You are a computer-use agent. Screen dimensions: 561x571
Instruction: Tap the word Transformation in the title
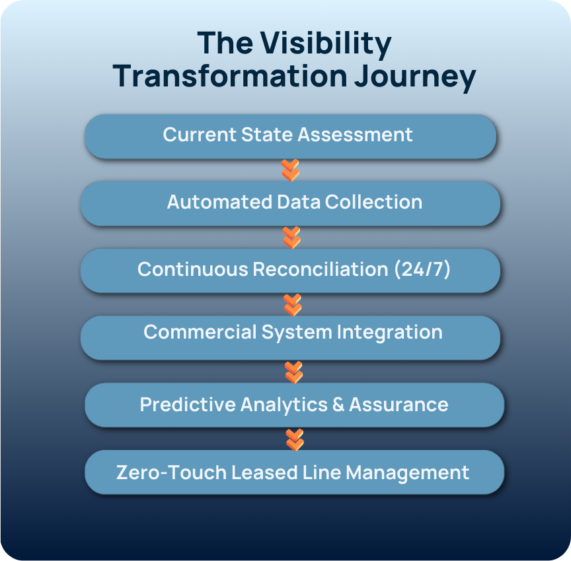pos(229,76)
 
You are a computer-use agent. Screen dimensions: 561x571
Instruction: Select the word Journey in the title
pos(414,76)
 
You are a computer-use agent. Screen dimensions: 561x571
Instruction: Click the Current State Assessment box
pos(290,135)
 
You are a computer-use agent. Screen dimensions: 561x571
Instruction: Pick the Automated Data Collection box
pos(290,203)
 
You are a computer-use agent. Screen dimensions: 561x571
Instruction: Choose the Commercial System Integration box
pos(290,337)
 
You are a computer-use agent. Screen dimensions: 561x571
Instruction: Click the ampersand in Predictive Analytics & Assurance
pos(338,405)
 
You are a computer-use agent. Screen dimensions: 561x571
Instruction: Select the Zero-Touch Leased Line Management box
pos(294,473)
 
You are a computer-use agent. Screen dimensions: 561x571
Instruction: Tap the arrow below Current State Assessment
pos(290,170)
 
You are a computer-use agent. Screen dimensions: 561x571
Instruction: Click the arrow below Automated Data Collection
pos(291,238)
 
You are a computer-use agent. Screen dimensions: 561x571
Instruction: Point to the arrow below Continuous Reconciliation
pos(292,305)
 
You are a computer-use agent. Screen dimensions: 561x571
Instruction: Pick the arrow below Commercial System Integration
pos(293,372)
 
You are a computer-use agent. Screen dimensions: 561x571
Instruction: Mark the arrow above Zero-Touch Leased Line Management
pos(295,440)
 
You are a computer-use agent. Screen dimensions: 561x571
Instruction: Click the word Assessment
pos(355,135)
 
